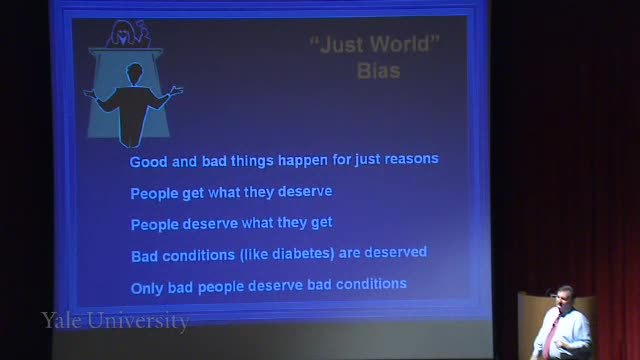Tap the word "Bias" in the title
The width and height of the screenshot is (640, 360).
379,71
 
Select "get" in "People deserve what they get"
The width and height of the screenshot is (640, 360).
322,223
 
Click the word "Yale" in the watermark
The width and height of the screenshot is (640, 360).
61,320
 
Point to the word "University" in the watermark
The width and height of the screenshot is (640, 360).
138,321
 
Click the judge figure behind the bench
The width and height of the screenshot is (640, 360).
128,34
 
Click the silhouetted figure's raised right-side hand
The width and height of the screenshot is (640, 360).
176,91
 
